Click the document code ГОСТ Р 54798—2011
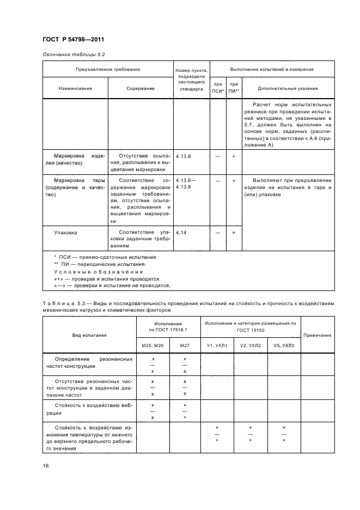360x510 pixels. [x=73, y=40]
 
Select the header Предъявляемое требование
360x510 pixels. [x=107, y=70]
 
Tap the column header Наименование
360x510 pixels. [x=75, y=88]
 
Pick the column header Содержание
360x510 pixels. [x=141, y=88]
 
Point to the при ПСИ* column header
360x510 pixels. [x=218, y=88]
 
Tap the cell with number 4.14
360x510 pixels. [x=182, y=233]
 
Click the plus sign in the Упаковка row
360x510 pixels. [x=234, y=233]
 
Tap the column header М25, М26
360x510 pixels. [x=154, y=345]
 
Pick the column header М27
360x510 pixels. [x=185, y=345]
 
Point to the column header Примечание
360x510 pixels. [x=317, y=335]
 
